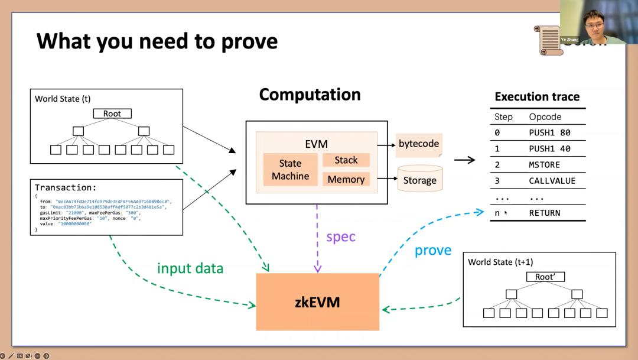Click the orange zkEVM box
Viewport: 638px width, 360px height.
pyautogui.click(x=317, y=302)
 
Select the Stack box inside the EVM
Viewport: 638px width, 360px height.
pyautogui.click(x=346, y=160)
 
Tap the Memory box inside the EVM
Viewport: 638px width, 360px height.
pyautogui.click(x=346, y=179)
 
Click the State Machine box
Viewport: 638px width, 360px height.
pyautogui.click(x=290, y=170)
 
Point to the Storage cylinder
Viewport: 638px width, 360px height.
pyautogui.click(x=419, y=179)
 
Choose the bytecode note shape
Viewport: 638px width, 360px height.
pyautogui.click(x=419, y=144)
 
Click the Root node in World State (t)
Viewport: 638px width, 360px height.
pyautogui.click(x=112, y=113)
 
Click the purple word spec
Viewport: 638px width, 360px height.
pyautogui.click(x=341, y=236)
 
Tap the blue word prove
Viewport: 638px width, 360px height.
pyautogui.click(x=433, y=250)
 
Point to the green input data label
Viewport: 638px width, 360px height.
pyautogui.click(x=190, y=268)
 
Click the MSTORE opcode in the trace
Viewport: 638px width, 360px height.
pyautogui.click(x=544, y=165)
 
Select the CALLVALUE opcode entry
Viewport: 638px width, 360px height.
pyautogui.click(x=552, y=181)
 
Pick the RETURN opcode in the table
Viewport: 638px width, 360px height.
pyautogui.click(x=544, y=213)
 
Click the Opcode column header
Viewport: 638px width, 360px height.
pyautogui.click(x=545, y=117)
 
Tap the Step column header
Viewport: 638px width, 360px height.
pyautogui.click(x=503, y=117)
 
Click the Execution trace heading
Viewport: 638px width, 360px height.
pyautogui.click(x=537, y=97)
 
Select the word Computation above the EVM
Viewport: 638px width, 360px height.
pyautogui.click(x=310, y=95)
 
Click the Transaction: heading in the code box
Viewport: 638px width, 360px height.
pyautogui.click(x=66, y=187)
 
